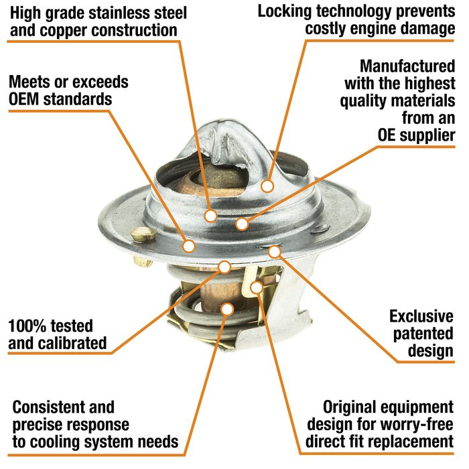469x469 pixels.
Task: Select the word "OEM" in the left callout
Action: [24, 100]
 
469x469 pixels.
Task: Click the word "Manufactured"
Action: [407, 66]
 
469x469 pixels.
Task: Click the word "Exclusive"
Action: [421, 316]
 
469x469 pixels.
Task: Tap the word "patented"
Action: [423, 334]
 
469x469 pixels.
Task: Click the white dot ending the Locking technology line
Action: [267, 186]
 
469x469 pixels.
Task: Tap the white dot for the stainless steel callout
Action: [211, 215]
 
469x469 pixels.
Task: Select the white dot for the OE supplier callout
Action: [242, 224]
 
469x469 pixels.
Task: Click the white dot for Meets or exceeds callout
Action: [189, 246]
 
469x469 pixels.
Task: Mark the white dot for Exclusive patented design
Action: [274, 251]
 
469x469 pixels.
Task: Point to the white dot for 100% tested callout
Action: [224, 267]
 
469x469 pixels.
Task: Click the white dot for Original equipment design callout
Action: [257, 287]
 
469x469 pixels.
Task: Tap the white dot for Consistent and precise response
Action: [228, 310]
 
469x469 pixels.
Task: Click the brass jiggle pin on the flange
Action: [143, 234]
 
